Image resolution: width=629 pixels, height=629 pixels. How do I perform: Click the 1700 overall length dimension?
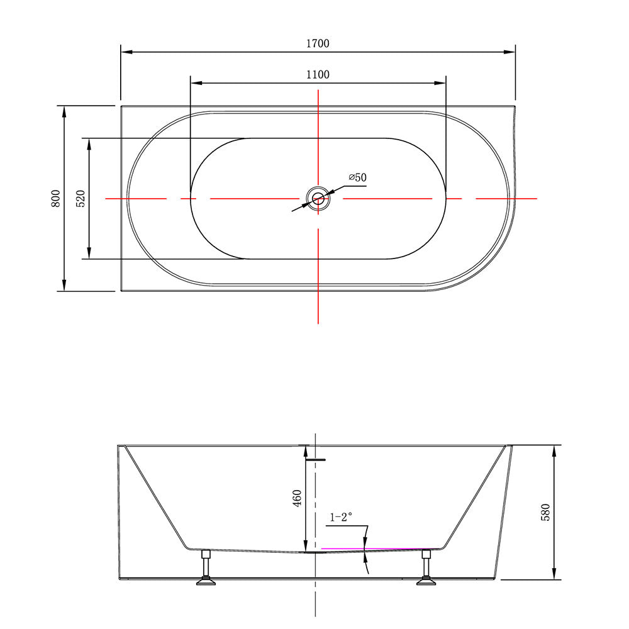coord(318,43)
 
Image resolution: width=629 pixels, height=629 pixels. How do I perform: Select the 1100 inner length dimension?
coord(318,75)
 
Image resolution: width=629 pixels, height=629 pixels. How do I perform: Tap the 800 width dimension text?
coord(56,198)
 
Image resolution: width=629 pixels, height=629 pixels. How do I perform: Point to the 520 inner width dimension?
coord(81,198)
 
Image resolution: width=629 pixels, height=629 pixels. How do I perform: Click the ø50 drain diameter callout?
coord(357,177)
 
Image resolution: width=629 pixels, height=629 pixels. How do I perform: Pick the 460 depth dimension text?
coord(297,498)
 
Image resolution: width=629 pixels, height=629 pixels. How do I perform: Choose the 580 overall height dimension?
coord(545,512)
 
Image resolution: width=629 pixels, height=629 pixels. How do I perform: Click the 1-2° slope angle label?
coord(340,517)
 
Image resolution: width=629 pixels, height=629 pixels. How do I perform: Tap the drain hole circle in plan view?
coord(318,198)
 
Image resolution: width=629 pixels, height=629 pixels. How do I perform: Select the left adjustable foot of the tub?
coord(206,567)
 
